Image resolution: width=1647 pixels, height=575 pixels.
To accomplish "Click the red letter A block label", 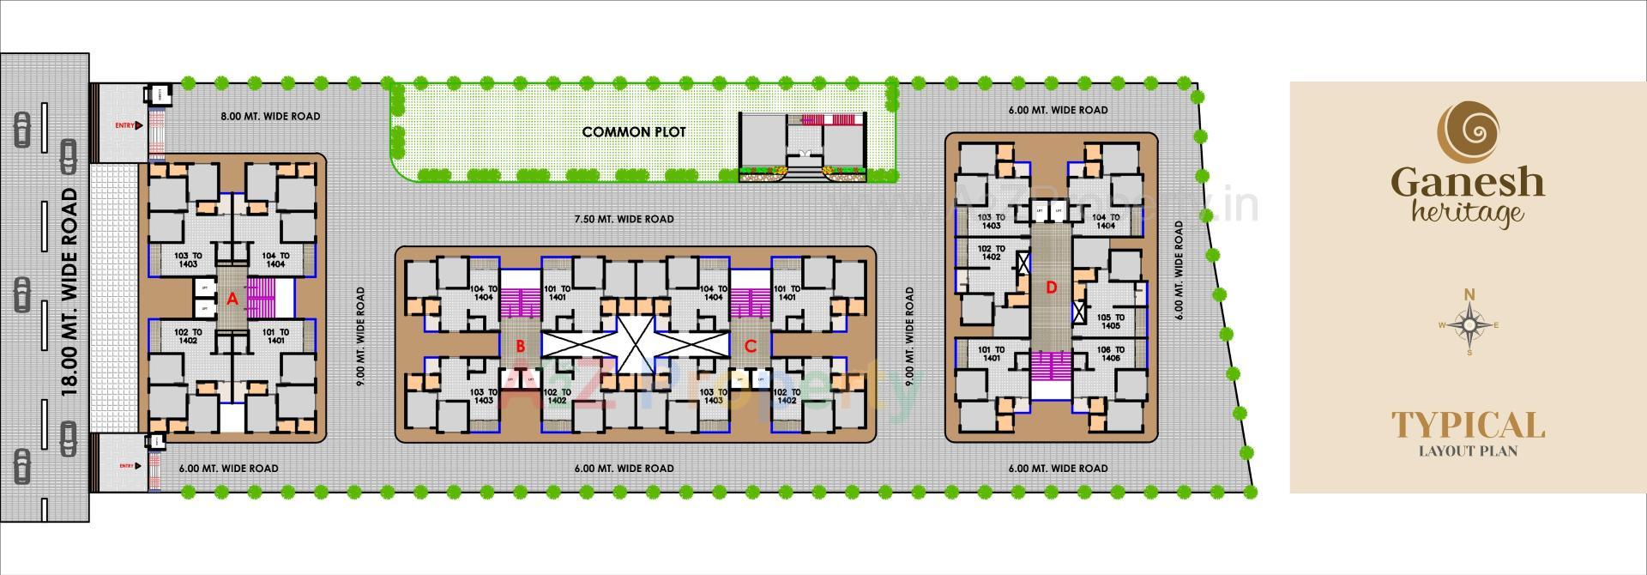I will tap(231, 300).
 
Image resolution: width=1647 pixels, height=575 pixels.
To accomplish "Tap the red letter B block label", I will tap(519, 346).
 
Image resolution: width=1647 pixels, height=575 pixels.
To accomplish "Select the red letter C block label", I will tap(750, 346).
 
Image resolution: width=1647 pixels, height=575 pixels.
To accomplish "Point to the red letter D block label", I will tap(1051, 287).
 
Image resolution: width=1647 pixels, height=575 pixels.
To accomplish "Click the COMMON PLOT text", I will tap(634, 132).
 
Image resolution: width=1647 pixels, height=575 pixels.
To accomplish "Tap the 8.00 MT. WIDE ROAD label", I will tap(270, 116).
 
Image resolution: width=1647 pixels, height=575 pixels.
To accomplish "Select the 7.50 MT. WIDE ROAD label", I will tap(624, 219).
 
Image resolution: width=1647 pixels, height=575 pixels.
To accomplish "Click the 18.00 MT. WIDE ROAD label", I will tap(70, 292).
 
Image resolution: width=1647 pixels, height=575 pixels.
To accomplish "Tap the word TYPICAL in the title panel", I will tap(1468, 425).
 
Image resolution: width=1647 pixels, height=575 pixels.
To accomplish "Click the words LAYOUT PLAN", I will tap(1468, 451).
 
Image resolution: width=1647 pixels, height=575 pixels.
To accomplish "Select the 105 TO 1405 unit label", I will tap(1110, 322).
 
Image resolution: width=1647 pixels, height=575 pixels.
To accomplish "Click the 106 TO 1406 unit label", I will tap(1110, 354).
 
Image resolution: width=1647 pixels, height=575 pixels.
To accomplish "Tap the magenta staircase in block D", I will tap(1051, 366).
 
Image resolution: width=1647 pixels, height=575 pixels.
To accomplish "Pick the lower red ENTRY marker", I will tap(128, 466).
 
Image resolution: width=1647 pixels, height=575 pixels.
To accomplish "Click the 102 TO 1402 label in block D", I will tap(991, 252).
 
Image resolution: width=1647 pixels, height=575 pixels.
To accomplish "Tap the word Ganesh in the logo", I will tap(1468, 183).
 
